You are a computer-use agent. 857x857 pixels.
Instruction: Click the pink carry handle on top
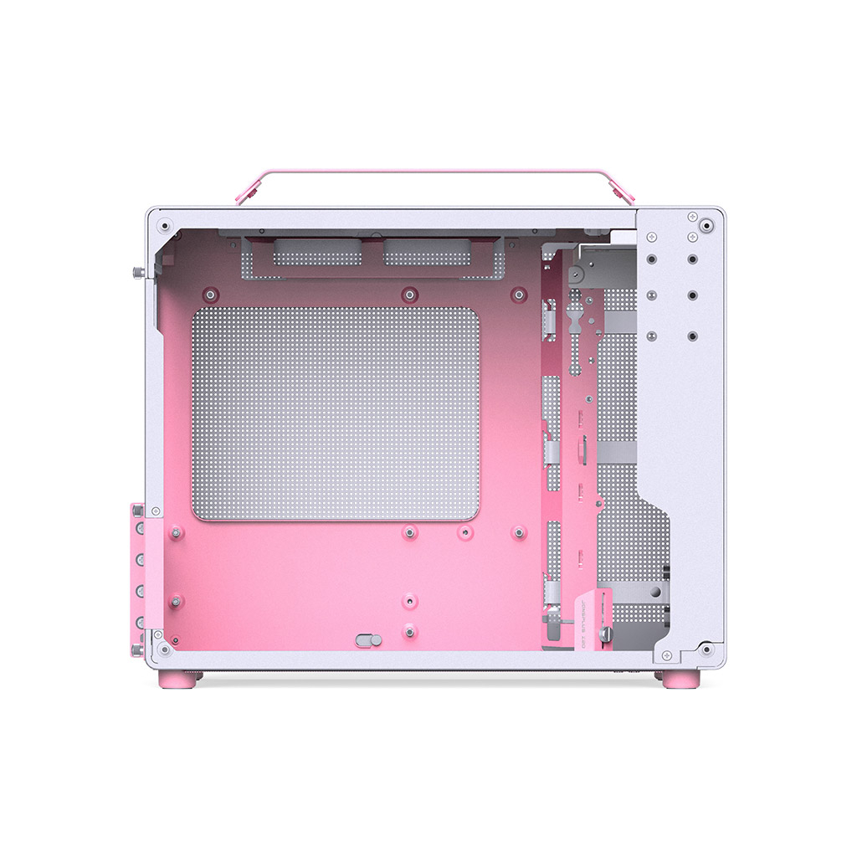click(x=435, y=173)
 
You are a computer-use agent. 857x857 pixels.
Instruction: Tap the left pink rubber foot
click(x=177, y=679)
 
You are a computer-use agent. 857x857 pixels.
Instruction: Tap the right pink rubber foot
click(x=679, y=679)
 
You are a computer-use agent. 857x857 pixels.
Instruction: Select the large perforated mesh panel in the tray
click(x=336, y=413)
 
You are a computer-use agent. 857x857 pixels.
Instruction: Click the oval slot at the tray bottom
click(x=368, y=640)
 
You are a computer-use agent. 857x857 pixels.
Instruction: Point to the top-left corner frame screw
click(x=165, y=224)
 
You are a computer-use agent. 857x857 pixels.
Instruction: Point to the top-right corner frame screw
click(x=708, y=224)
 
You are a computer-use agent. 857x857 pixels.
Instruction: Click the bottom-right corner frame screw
click(x=708, y=649)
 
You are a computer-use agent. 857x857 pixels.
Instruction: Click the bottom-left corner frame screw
click(x=165, y=649)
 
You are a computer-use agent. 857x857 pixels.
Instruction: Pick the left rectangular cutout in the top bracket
click(x=313, y=254)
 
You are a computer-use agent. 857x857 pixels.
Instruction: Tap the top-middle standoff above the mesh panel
click(x=408, y=294)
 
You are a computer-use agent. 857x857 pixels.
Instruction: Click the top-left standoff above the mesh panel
click(x=209, y=294)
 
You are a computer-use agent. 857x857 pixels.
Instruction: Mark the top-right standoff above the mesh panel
click(x=519, y=294)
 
